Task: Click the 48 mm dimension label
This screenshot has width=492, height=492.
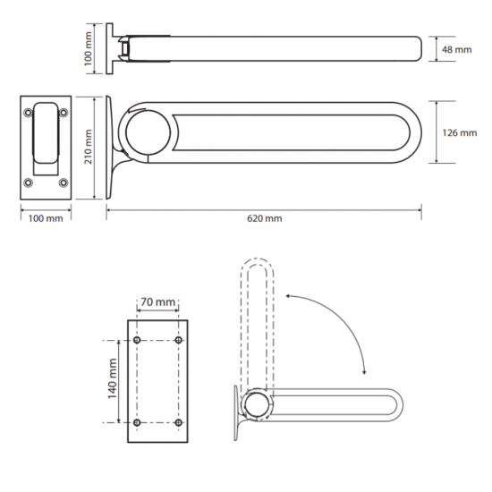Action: click(x=456, y=49)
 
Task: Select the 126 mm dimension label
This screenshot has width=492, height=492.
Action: click(x=460, y=132)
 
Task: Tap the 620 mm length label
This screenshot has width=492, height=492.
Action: click(x=265, y=218)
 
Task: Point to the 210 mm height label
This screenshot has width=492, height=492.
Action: click(x=89, y=147)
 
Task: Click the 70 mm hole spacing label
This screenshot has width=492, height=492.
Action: click(x=157, y=301)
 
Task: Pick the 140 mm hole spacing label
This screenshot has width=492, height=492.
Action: click(x=113, y=378)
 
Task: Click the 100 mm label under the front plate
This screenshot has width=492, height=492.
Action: click(x=46, y=218)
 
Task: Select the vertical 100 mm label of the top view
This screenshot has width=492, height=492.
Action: click(x=89, y=48)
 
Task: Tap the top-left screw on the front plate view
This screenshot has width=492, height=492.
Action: click(x=29, y=113)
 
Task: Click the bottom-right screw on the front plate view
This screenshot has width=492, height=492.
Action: click(x=64, y=182)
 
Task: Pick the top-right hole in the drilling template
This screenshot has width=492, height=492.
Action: click(x=179, y=340)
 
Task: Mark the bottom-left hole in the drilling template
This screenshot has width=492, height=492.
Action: click(x=137, y=422)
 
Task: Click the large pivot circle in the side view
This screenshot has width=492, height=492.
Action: click(x=148, y=132)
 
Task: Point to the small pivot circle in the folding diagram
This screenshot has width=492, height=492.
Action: click(x=257, y=405)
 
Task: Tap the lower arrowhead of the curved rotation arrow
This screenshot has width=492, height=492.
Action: click(x=364, y=372)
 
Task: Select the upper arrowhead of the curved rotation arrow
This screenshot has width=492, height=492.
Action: click(x=288, y=295)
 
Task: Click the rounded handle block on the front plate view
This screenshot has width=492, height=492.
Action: click(x=46, y=132)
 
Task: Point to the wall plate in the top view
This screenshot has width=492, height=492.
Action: click(x=109, y=48)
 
